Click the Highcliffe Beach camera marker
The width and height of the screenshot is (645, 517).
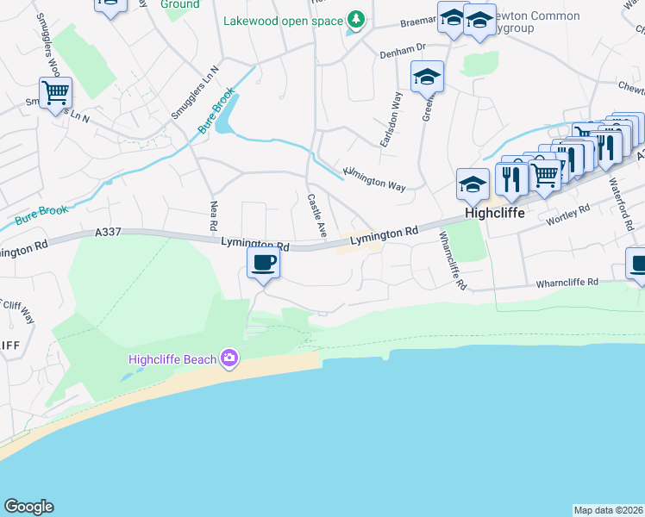[229, 358]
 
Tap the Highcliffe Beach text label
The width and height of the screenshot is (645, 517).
[172, 359]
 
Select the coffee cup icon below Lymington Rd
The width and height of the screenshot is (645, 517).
[264, 262]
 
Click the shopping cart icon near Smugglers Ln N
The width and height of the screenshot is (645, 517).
[55, 92]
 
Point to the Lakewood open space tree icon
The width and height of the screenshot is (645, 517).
[354, 20]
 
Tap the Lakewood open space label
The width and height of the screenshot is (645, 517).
[283, 22]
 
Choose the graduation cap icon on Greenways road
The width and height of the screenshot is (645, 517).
[427, 78]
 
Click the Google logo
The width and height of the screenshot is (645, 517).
[28, 507]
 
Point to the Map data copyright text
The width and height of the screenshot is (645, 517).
[608, 510]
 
